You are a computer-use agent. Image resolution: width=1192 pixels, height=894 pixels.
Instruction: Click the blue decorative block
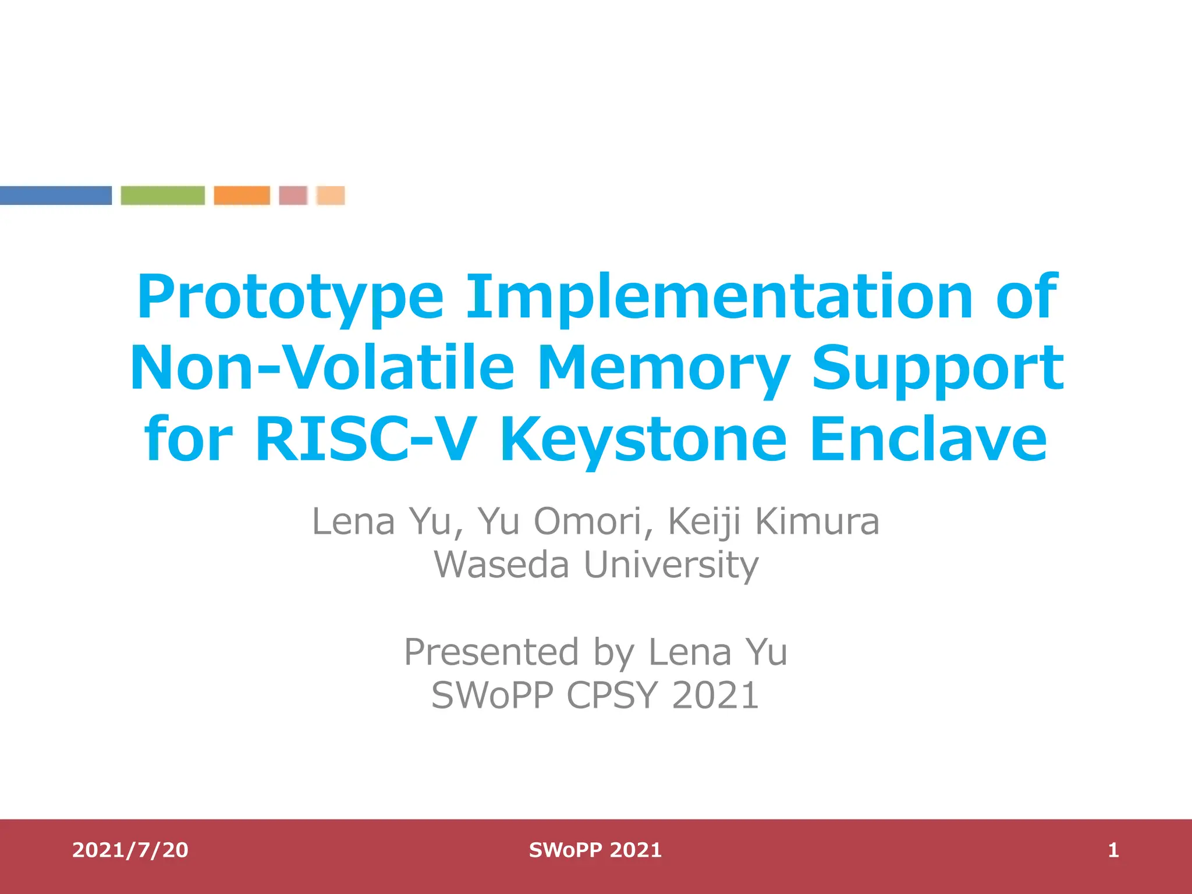pos(55,196)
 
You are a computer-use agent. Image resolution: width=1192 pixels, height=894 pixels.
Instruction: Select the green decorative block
pos(162,196)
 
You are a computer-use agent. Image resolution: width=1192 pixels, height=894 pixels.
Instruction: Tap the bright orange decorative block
pos(242,196)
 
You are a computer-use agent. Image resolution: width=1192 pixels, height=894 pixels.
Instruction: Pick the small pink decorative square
pos(293,196)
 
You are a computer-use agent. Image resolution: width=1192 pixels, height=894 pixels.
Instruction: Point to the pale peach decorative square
pos(331,196)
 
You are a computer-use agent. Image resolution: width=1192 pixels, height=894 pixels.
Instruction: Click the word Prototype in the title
pos(290,298)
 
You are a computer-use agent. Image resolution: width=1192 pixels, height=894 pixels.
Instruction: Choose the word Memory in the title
pos(662,369)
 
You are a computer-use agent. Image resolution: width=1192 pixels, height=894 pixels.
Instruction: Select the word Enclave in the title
pos(928,439)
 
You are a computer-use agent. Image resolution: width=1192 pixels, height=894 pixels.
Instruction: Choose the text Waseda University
pos(596,565)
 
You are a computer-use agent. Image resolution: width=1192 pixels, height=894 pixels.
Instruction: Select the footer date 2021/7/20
pos(130,850)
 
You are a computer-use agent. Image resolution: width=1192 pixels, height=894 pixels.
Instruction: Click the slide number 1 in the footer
pos(1113,850)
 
